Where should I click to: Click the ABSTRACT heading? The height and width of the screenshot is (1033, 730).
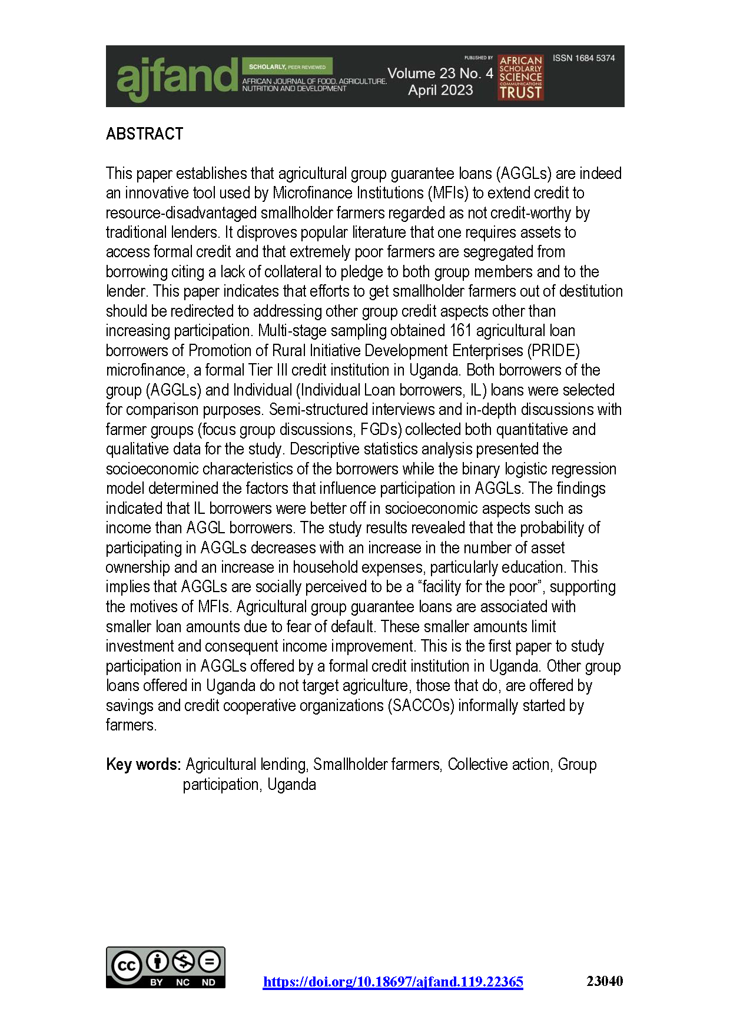pyautogui.click(x=145, y=134)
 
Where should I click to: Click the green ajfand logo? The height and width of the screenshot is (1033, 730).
pyautogui.click(x=175, y=78)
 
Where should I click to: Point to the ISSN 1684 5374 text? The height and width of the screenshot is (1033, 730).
pyautogui.click(x=583, y=58)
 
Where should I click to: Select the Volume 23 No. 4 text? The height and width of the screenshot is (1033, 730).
pyautogui.click(x=440, y=74)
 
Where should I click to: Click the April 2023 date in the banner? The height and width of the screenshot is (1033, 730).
pyautogui.click(x=440, y=90)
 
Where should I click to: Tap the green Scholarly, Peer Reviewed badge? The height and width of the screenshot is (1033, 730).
pyautogui.click(x=287, y=67)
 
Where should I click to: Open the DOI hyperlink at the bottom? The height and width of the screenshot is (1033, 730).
pyautogui.click(x=393, y=982)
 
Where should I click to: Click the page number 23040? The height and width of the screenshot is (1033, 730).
pyautogui.click(x=605, y=981)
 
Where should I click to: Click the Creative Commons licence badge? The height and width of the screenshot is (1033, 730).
pyautogui.click(x=165, y=967)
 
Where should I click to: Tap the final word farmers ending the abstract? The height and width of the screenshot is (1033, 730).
pyautogui.click(x=131, y=725)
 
